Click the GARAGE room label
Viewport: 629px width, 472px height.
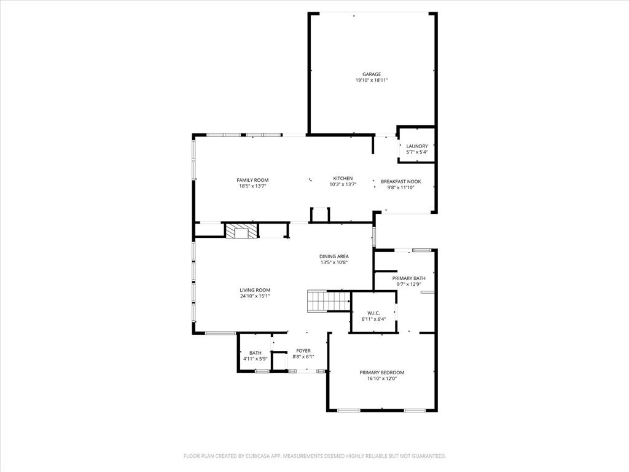tap(371, 74)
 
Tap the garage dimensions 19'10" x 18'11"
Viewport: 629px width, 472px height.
tap(371, 81)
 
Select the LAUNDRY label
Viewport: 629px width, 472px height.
tap(417, 146)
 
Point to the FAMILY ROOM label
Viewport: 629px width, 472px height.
tap(252, 180)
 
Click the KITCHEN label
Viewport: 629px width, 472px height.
tap(343, 179)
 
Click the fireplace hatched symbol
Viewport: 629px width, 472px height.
tap(240, 231)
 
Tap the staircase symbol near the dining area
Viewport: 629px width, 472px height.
tap(328, 302)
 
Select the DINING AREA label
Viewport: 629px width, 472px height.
tap(334, 256)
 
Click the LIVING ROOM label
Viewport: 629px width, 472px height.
tap(255, 290)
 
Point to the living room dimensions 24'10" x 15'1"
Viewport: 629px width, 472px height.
tap(255, 296)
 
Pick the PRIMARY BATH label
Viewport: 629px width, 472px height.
tap(408, 278)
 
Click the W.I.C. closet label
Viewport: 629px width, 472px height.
tap(373, 313)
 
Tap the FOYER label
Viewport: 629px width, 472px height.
tap(303, 351)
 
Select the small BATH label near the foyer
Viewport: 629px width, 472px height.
tap(255, 353)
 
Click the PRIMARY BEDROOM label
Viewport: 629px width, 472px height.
tap(381, 372)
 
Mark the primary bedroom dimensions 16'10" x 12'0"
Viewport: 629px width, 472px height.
tap(381, 379)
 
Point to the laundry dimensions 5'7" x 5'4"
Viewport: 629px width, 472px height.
tap(417, 152)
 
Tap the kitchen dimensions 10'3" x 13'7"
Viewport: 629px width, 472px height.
tap(343, 184)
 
